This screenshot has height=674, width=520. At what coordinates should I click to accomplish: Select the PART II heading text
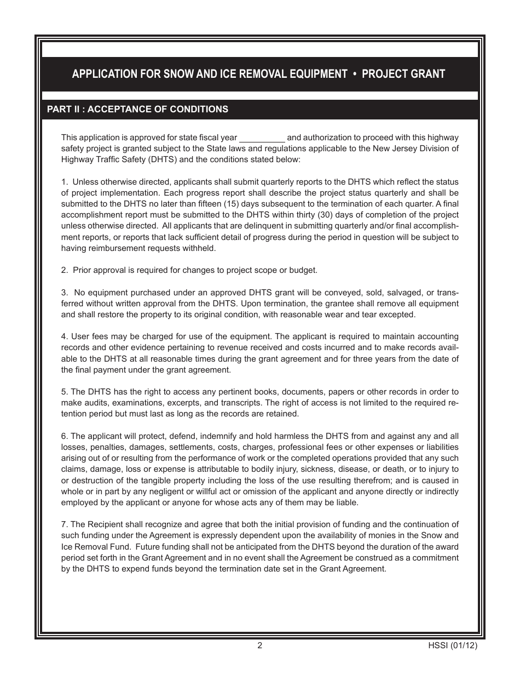(137, 109)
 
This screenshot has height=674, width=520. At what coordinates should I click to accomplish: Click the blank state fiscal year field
(262, 138)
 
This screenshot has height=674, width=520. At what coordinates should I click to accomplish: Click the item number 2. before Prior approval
(65, 270)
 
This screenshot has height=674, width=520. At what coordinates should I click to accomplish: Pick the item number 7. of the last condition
(65, 524)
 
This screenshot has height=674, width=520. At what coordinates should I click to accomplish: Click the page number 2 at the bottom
(259, 646)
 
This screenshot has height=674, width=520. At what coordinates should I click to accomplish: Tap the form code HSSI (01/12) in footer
(453, 646)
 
